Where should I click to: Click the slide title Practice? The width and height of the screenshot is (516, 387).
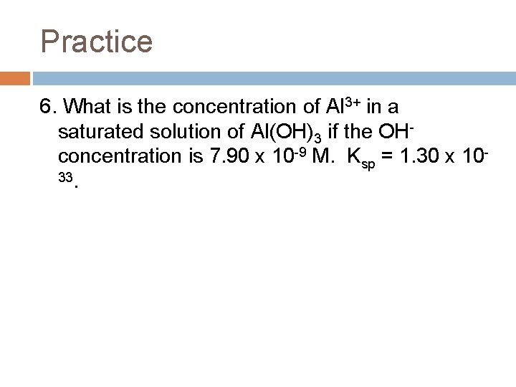[x=97, y=41]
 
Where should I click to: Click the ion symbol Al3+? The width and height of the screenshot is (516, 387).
[x=343, y=107]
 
